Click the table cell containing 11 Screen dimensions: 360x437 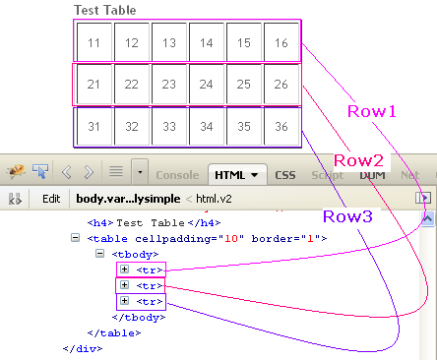coord(94,43)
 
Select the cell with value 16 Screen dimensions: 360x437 coord(281,43)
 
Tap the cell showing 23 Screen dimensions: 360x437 coord(169,86)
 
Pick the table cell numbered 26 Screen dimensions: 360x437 coord(281,86)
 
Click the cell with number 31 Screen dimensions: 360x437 coord(94,127)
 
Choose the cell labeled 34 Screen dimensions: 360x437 coord(207,127)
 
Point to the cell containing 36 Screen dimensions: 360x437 coord(281,127)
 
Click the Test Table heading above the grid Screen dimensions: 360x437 coord(105,11)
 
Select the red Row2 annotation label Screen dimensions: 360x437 coord(359,160)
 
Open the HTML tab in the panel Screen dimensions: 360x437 coord(237,174)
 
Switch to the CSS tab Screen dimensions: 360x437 coord(286,174)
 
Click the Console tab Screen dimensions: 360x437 coord(178,174)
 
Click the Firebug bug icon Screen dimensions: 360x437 coord(15,172)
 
